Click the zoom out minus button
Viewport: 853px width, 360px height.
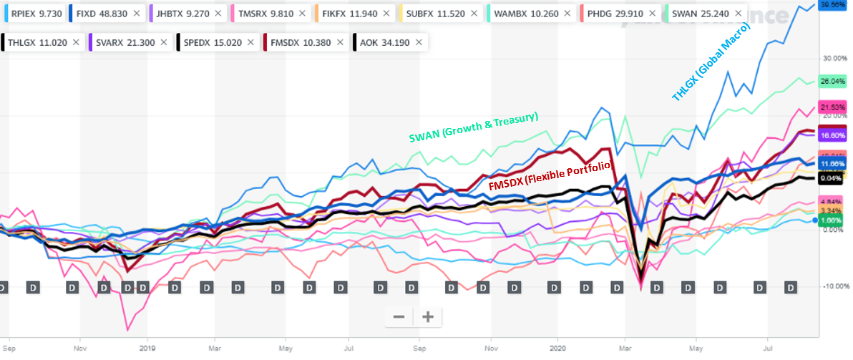(x=399, y=316)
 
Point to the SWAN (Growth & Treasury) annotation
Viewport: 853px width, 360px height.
(x=473, y=127)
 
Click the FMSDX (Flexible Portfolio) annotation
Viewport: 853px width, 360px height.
(x=550, y=176)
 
